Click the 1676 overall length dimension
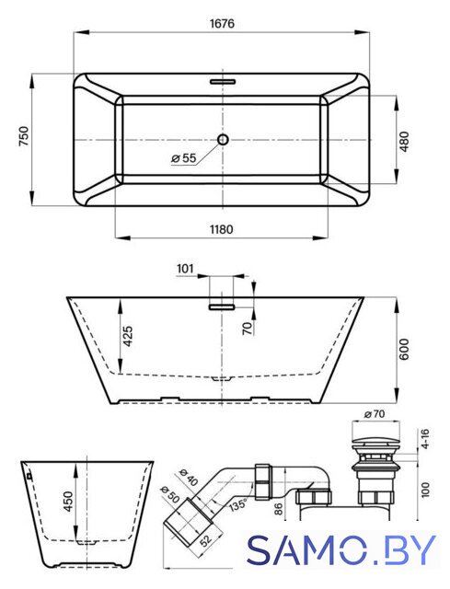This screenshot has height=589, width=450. point(222,24)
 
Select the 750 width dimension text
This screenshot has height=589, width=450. point(24,137)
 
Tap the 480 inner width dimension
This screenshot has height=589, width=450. point(404,141)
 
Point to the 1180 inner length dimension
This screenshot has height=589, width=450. point(221,229)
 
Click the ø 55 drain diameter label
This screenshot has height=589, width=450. point(184,158)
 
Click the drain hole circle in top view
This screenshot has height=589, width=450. point(223,139)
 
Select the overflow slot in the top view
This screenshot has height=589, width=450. point(223,81)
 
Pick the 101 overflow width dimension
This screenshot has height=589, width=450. point(185,269)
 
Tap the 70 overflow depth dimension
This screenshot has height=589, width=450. point(248,329)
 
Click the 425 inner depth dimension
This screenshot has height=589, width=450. point(128,336)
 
